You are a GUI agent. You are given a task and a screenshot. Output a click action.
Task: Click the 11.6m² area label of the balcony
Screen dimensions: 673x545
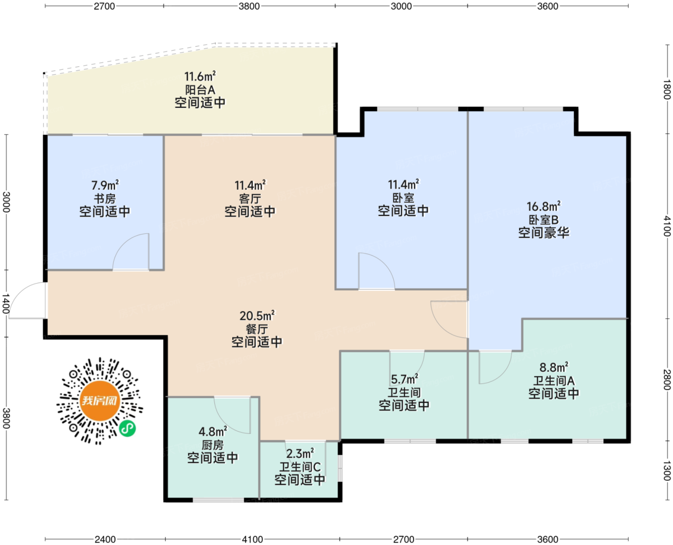200,76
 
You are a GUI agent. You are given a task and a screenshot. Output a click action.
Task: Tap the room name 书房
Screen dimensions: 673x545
105,198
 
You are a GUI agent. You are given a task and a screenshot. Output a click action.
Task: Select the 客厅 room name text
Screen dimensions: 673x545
250,198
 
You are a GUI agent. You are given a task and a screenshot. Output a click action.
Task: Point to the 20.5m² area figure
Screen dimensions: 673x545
257,315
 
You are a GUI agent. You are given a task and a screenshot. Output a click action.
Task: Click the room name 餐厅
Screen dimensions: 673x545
257,329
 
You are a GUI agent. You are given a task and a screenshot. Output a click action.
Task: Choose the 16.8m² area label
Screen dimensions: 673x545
544,207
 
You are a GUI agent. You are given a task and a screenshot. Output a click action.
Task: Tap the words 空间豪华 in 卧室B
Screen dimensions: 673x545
544,233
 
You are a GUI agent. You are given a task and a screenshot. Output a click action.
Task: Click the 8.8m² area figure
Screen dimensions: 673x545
554,367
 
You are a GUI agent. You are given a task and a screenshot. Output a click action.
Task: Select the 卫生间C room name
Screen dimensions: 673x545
300,467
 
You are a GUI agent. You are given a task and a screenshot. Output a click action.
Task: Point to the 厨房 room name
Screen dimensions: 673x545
212,445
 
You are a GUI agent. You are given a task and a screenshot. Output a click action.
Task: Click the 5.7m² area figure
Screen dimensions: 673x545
404,379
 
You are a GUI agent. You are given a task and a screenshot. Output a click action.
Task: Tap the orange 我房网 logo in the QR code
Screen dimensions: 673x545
100,401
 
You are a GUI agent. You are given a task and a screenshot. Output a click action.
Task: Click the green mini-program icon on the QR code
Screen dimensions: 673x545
128,428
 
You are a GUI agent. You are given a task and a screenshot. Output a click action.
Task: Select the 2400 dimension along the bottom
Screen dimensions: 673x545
105,539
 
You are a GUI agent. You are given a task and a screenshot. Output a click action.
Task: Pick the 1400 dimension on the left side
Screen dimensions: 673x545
6,303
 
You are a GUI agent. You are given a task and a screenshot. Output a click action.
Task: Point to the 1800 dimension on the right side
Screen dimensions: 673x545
667,89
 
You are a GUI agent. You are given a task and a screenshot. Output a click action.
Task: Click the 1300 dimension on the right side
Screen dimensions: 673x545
667,471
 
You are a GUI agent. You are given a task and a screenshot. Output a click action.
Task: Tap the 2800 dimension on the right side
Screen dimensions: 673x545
667,380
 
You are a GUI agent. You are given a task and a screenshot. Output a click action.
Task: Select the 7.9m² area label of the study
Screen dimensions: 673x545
105,185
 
